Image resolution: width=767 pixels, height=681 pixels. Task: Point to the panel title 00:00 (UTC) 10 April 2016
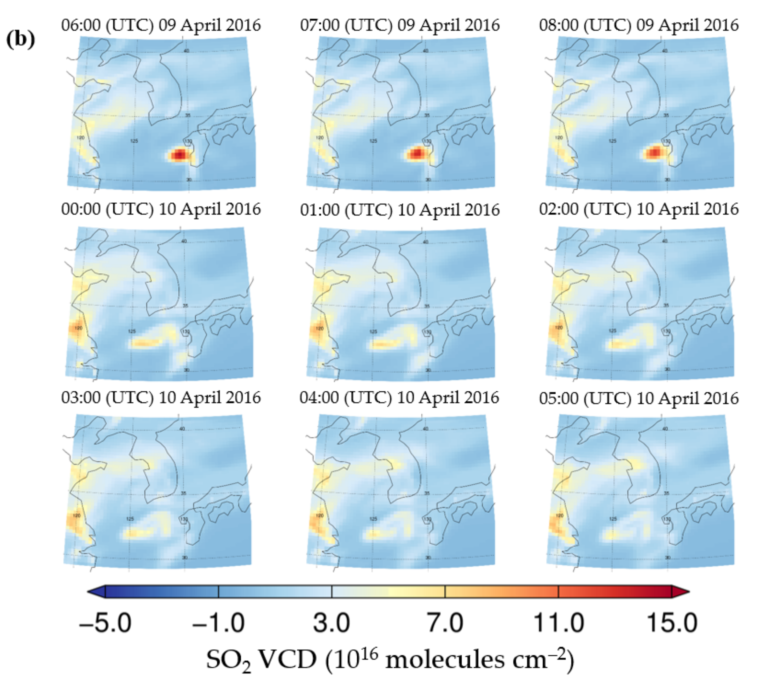point(161,209)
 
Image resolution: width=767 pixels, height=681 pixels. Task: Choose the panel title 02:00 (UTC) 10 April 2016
point(639,209)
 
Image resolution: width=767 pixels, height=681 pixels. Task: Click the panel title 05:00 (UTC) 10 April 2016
point(639,398)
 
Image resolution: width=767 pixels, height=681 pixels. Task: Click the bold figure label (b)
point(21,39)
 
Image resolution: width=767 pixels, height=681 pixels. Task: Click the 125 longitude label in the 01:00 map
point(373,332)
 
